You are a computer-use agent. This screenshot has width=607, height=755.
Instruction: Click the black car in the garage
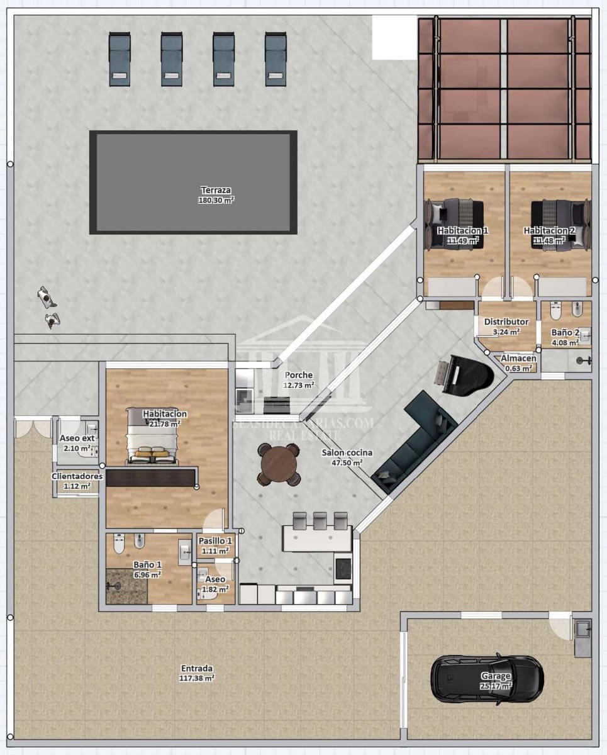(x=487, y=680)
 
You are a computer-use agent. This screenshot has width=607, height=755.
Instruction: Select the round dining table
(x=278, y=464)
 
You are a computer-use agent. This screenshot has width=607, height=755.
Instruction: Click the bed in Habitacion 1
(x=455, y=223)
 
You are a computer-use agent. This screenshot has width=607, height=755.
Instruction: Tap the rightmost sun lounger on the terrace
(x=275, y=59)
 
